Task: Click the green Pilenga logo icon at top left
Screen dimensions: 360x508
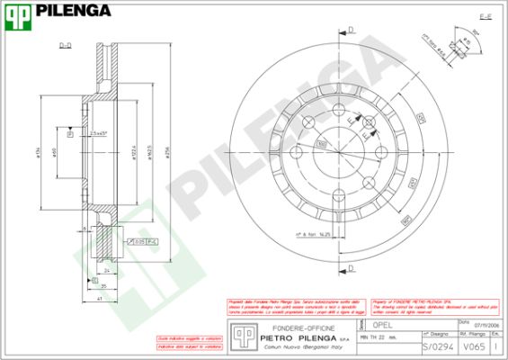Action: (17, 13)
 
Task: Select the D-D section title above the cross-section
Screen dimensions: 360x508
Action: (66, 44)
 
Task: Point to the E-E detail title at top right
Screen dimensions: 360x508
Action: (485, 17)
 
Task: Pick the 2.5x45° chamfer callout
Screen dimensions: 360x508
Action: (100, 132)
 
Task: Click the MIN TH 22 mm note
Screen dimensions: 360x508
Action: (379, 337)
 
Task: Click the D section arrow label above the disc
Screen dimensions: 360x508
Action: (352, 30)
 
